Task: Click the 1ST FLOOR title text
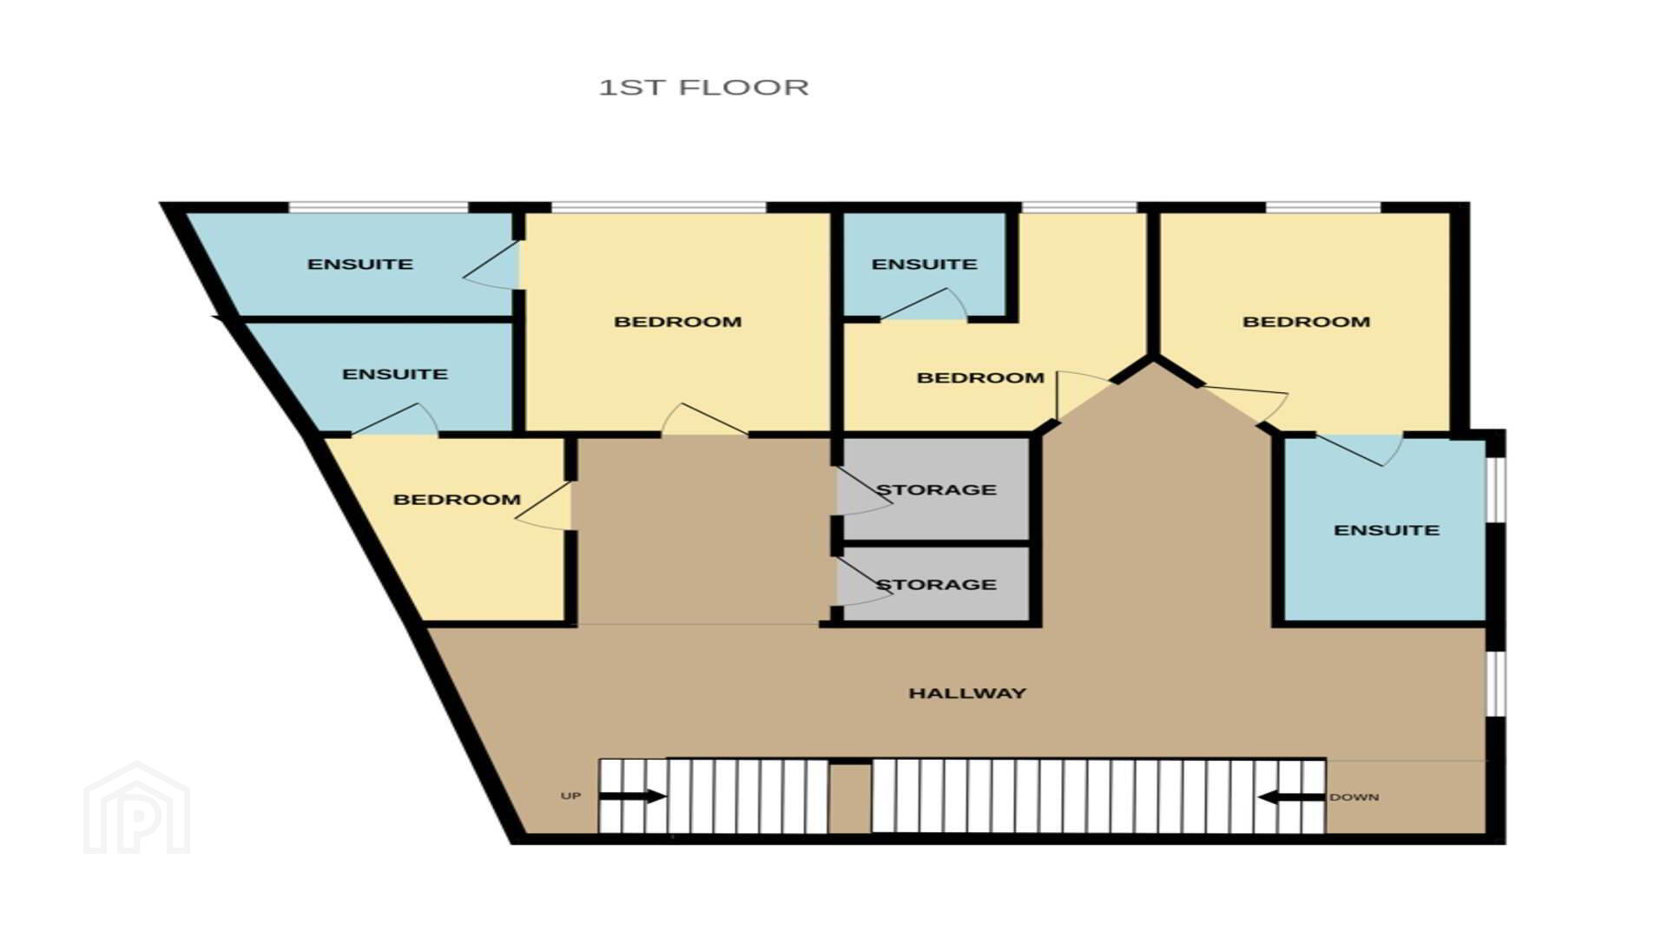pyautogui.click(x=704, y=88)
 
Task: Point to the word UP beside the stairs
pyautogui.click(x=570, y=796)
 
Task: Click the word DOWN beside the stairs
pyautogui.click(x=1354, y=797)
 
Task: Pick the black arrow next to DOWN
pyautogui.click(x=1292, y=796)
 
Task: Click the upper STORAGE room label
pyautogui.click(x=936, y=490)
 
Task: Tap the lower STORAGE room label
pyautogui.click(x=936, y=585)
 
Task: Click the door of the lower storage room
pyautogui.click(x=863, y=581)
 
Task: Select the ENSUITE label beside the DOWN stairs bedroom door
pyautogui.click(x=1387, y=530)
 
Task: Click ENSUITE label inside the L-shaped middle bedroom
pyautogui.click(x=924, y=264)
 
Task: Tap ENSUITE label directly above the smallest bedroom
pyautogui.click(x=395, y=374)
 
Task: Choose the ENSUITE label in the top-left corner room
pyautogui.click(x=360, y=264)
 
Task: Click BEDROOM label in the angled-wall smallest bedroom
pyautogui.click(x=457, y=500)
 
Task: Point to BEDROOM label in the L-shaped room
pyautogui.click(x=980, y=378)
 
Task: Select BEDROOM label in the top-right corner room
pyautogui.click(x=1306, y=322)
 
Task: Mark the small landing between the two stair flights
pyautogui.click(x=849, y=797)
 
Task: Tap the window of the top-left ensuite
pyautogui.click(x=379, y=207)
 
